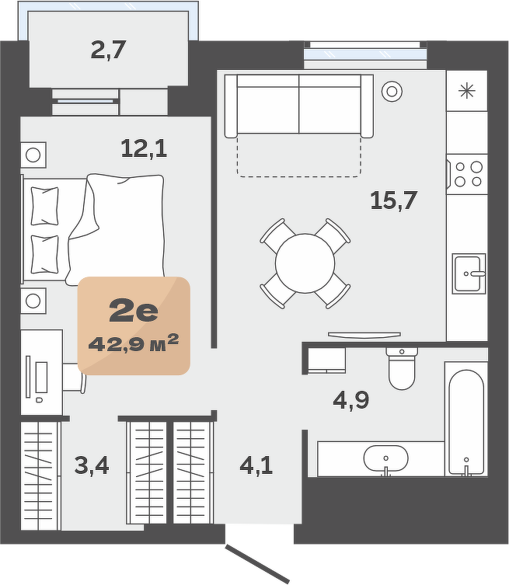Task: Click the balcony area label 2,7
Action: (108, 50)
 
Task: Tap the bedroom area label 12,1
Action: (144, 148)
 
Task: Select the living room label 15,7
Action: (394, 200)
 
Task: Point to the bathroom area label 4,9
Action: (350, 400)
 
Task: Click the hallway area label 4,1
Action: (256, 465)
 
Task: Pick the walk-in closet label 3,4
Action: (92, 465)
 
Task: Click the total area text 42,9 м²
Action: (134, 343)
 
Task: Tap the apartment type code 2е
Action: (134, 311)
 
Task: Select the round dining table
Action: (305, 263)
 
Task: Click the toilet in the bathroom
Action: (402, 368)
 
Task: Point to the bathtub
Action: (466, 419)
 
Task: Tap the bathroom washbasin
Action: (386, 458)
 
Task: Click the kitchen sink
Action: (469, 273)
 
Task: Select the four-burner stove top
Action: (468, 174)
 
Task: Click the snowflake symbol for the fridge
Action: (467, 91)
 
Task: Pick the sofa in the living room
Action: (299, 106)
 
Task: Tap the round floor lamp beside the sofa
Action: (392, 92)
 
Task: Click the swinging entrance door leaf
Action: (257, 565)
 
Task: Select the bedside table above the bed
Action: (33, 155)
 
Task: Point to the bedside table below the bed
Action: (33, 301)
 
